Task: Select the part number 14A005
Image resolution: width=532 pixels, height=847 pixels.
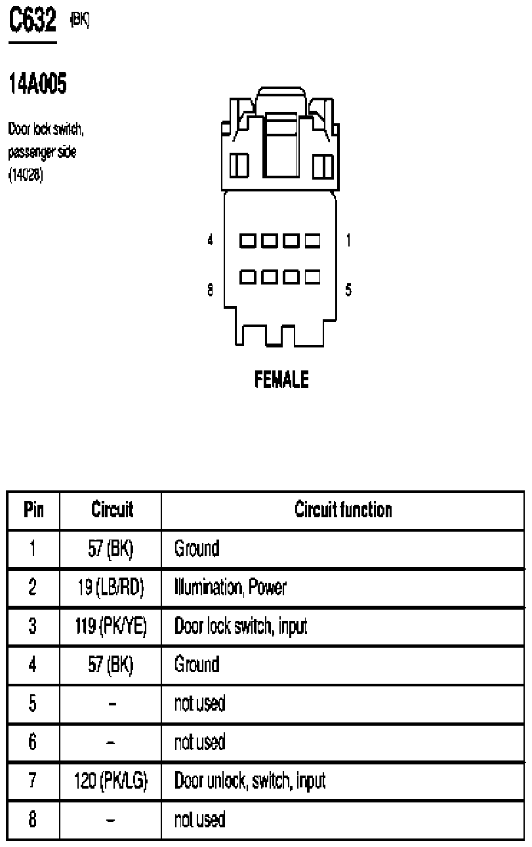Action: point(37,84)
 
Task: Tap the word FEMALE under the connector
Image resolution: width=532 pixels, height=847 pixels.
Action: point(281,380)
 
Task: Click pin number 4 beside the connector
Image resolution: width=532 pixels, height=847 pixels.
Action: point(211,241)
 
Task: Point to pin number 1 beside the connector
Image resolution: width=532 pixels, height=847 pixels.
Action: point(348,241)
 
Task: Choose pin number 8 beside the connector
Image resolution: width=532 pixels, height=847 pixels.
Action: point(211,289)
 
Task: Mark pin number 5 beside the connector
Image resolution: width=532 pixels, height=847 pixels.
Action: point(348,289)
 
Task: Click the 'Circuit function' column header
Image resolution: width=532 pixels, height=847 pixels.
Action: point(343,509)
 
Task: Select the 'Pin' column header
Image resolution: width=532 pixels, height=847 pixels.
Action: point(33,509)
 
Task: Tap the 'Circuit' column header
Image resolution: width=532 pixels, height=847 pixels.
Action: point(111,509)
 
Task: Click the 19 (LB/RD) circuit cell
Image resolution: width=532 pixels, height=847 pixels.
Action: point(111,587)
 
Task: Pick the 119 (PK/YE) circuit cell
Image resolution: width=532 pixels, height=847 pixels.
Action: point(111,626)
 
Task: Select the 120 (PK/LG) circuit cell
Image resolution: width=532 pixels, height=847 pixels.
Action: point(111,781)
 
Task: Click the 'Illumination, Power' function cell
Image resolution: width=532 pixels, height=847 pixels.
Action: point(230,587)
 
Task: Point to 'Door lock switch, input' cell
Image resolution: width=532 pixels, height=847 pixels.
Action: point(241,626)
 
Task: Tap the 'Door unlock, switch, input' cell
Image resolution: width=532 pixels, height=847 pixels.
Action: point(250,781)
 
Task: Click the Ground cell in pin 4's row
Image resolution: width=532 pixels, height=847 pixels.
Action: point(196,665)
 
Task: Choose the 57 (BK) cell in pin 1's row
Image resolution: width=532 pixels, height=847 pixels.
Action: point(111,549)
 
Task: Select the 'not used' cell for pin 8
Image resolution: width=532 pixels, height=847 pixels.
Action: point(199,819)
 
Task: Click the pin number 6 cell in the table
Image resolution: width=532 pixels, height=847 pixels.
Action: point(33,742)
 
